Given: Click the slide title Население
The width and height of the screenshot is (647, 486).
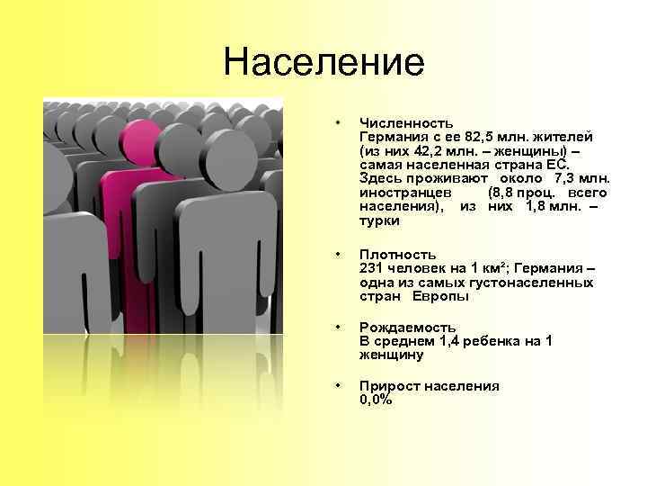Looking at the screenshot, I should (x=323, y=62).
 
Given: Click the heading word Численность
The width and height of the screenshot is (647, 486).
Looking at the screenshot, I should (x=406, y=121).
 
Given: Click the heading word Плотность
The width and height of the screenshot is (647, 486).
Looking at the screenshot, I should (x=398, y=255).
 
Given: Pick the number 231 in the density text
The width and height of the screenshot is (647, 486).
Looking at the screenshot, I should (x=372, y=268).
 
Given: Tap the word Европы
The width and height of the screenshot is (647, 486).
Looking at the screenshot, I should (x=441, y=297).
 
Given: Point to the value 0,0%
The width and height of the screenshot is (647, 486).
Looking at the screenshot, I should (x=376, y=400).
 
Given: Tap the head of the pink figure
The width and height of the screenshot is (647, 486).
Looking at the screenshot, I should (x=141, y=141).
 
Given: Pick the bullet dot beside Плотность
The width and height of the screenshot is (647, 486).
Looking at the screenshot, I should (x=335, y=255).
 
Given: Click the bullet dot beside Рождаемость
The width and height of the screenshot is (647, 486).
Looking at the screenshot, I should (x=335, y=327).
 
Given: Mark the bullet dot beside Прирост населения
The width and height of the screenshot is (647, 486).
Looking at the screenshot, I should (x=335, y=386).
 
